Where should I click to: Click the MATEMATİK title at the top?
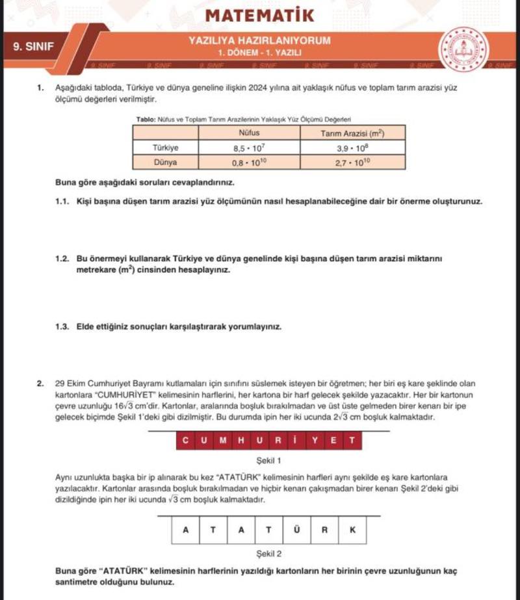coord(259,15)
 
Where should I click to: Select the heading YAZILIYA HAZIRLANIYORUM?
coord(259,40)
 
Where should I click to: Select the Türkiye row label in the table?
coord(165,148)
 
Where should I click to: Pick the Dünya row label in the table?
coord(165,162)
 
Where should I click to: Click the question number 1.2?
coord(62,258)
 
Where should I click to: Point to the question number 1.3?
coord(62,326)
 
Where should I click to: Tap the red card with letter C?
coord(185,441)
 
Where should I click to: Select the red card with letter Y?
coord(315,441)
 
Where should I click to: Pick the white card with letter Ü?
coord(296,530)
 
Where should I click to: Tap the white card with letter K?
coord(352,530)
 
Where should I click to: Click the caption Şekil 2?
coord(269,554)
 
